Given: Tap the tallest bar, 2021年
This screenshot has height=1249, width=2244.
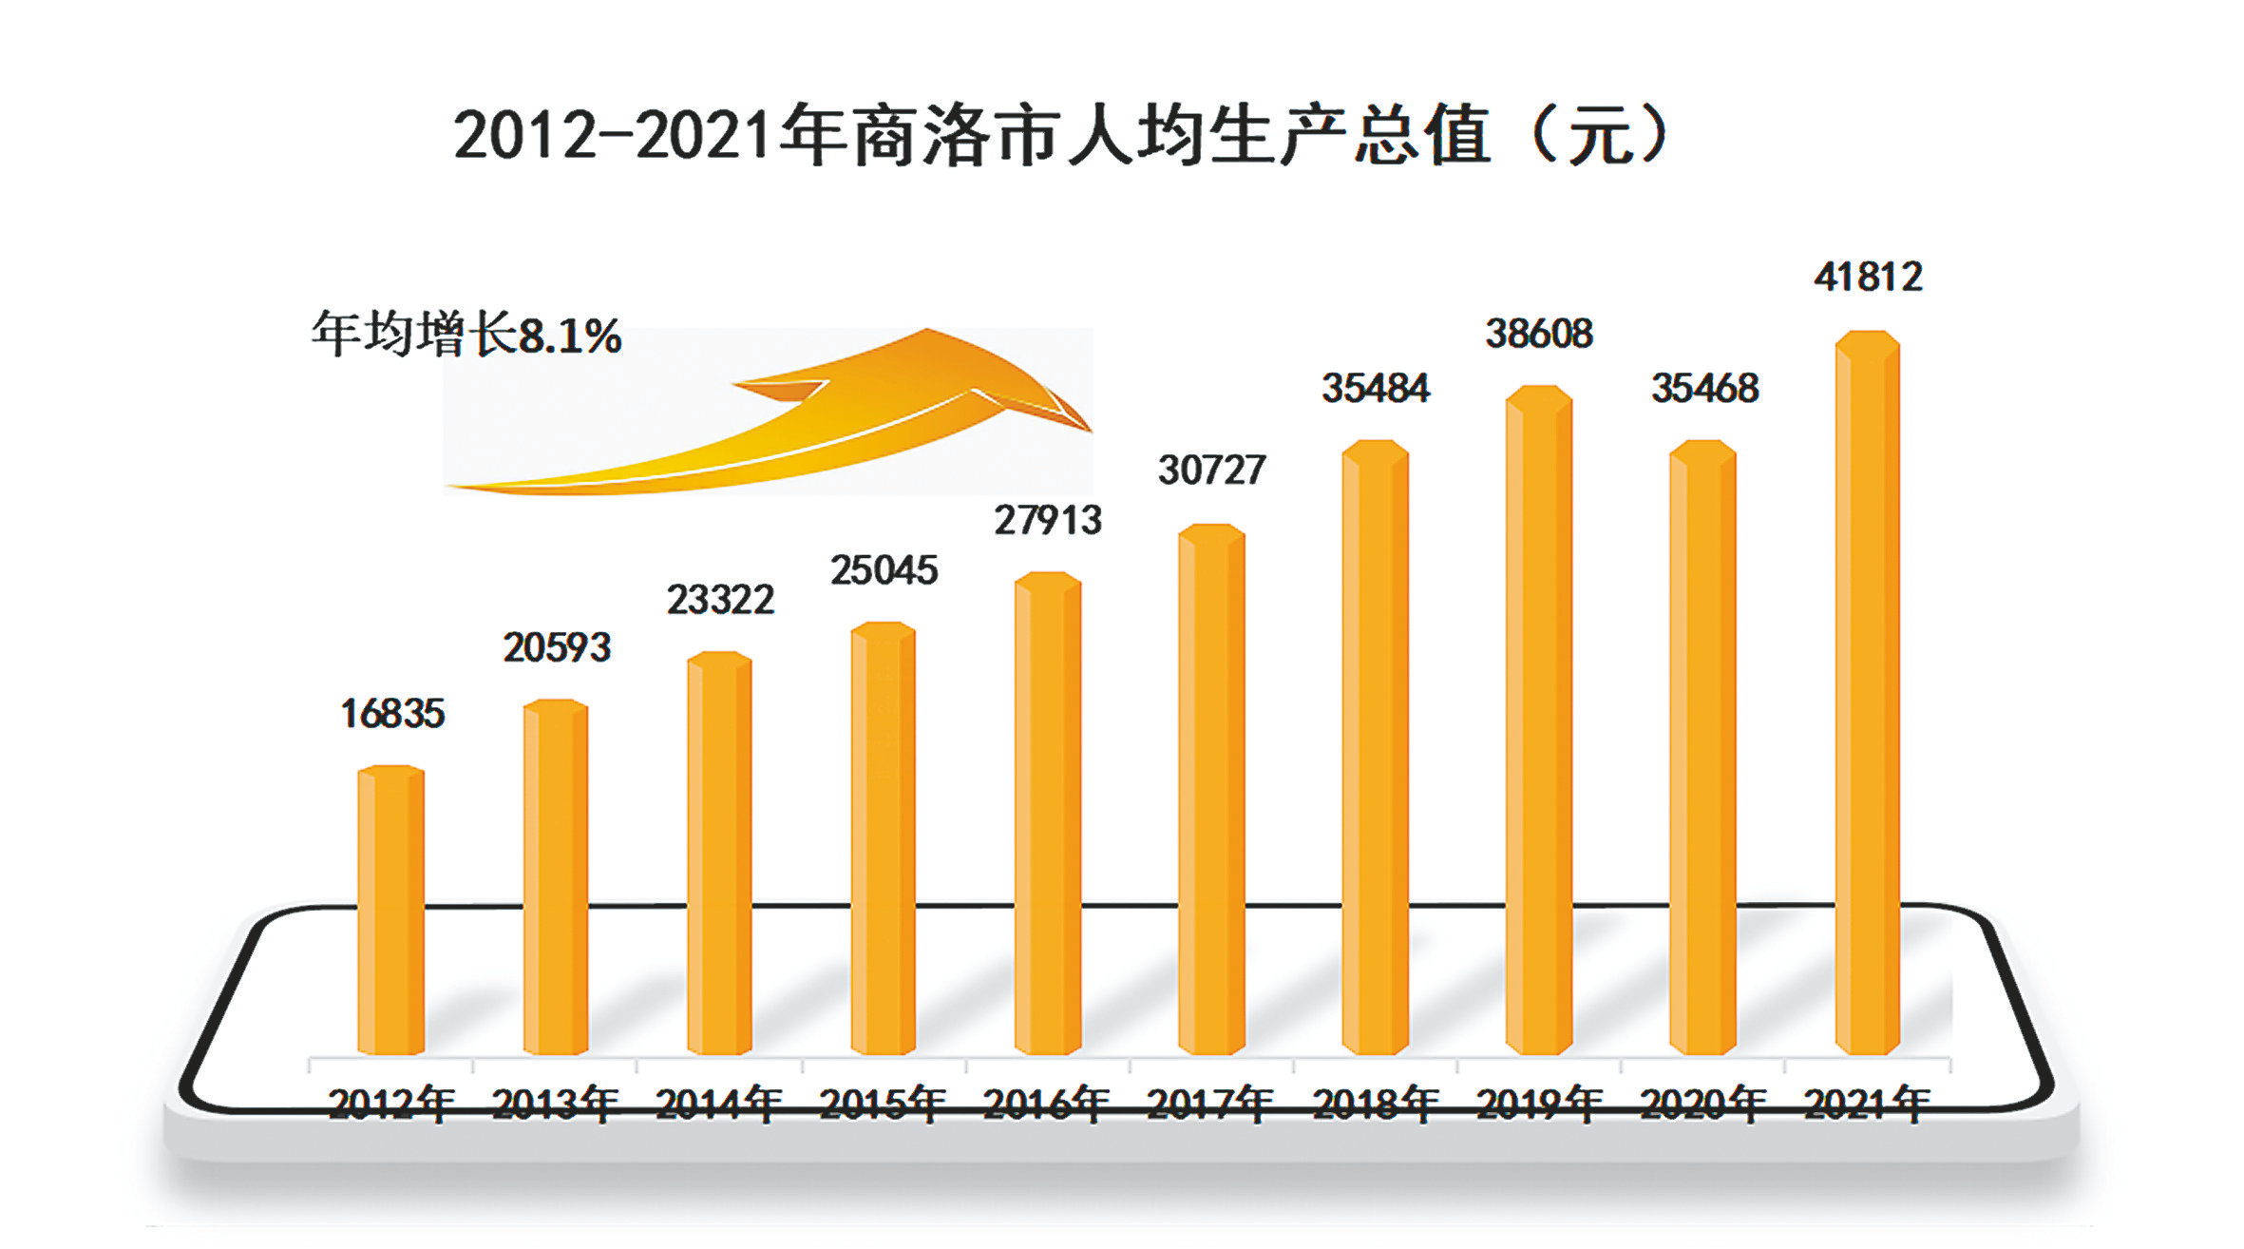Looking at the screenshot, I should pyautogui.click(x=1867, y=693).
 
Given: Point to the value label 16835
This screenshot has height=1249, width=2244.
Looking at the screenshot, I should pyautogui.click(x=392, y=714).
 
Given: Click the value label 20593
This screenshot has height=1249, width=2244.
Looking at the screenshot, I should pyautogui.click(x=557, y=647).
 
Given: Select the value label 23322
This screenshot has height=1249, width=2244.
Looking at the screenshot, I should pyautogui.click(x=720, y=600).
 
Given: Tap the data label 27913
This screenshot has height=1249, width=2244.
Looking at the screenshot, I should pyautogui.click(x=1048, y=520).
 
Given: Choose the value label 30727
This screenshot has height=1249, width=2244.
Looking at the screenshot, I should pyautogui.click(x=1211, y=470).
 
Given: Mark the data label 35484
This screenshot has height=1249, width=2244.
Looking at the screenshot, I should pyautogui.click(x=1376, y=388).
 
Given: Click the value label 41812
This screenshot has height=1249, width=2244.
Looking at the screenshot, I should pyautogui.click(x=1868, y=277).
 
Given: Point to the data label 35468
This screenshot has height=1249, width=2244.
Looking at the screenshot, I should pyautogui.click(x=1704, y=388).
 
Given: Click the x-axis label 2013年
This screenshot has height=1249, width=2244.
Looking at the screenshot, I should pyautogui.click(x=556, y=1104).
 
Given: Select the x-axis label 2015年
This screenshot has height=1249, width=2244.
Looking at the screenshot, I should pyautogui.click(x=883, y=1104).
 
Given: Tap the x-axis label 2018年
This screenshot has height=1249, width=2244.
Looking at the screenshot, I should pyautogui.click(x=1376, y=1104).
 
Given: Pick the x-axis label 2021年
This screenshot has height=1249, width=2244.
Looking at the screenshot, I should pyautogui.click(x=1867, y=1104).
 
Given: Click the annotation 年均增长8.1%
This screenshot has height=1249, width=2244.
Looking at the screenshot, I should pyautogui.click(x=466, y=335).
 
